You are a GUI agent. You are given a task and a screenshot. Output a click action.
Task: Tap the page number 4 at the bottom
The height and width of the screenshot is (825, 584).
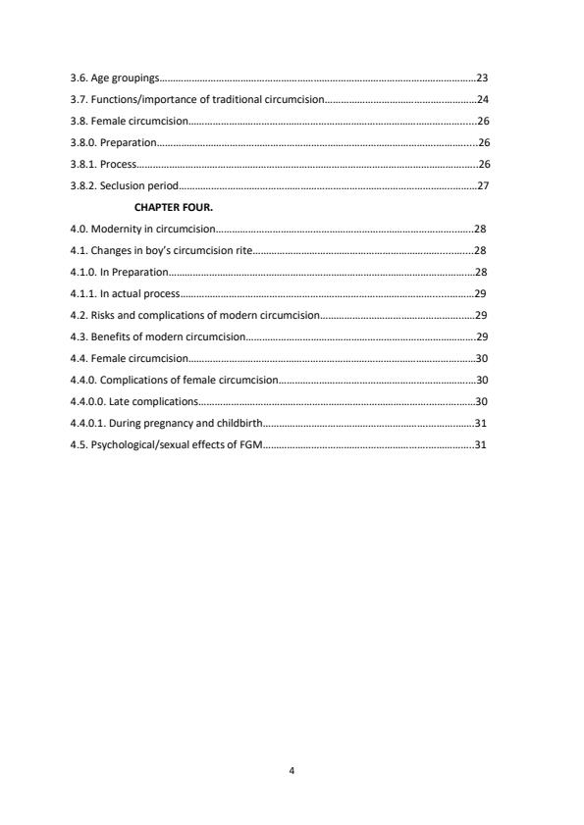click(292, 771)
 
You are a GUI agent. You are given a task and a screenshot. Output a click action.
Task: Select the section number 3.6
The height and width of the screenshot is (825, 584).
click(79, 77)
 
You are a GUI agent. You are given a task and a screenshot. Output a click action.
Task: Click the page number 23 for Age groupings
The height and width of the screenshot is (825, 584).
click(482, 77)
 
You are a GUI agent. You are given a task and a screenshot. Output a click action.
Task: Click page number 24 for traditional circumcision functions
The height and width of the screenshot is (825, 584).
click(482, 99)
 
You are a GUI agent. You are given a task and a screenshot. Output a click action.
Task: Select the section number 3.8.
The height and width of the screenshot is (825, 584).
click(79, 121)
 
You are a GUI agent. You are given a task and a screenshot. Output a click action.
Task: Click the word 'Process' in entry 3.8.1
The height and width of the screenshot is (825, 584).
click(118, 164)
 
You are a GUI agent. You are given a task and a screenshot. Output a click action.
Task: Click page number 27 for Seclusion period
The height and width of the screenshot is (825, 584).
click(482, 185)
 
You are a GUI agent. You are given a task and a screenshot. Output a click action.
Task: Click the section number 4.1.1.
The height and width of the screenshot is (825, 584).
click(83, 293)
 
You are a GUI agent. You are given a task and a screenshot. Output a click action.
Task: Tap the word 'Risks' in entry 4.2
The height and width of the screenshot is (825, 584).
click(105, 315)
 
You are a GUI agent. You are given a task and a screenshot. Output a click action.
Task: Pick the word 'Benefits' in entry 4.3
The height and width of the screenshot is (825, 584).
click(111, 336)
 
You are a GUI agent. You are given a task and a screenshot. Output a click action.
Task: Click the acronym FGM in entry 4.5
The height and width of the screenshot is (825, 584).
click(241, 444)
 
